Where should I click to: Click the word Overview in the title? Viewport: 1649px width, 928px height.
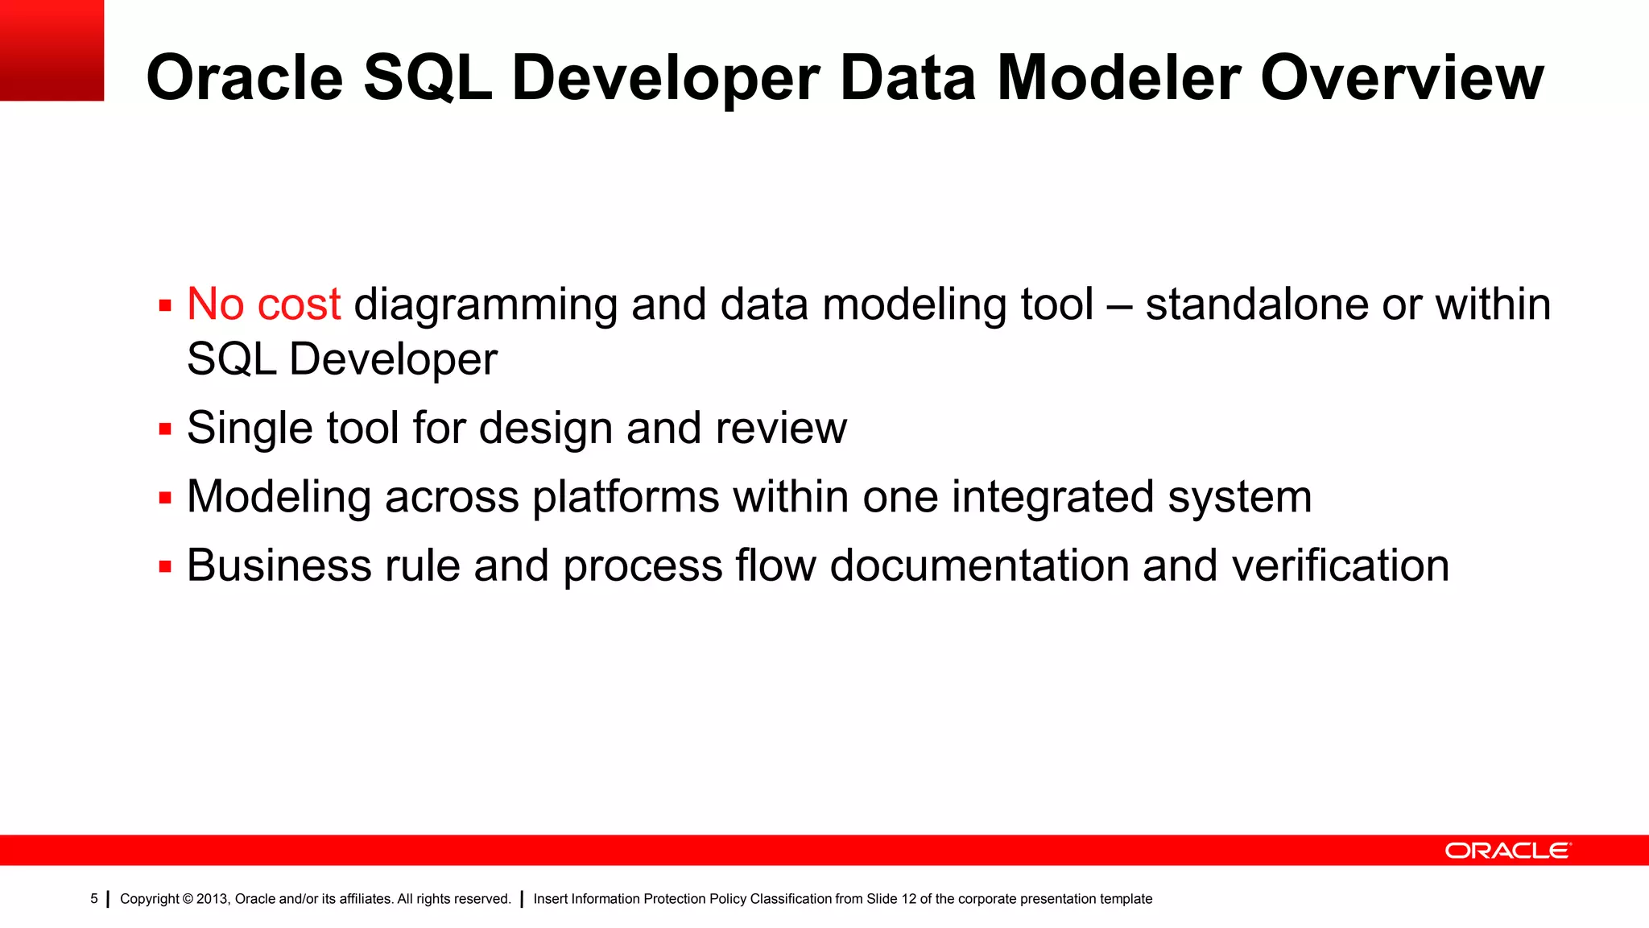[1401, 77]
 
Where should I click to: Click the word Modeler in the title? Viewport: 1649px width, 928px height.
[1118, 77]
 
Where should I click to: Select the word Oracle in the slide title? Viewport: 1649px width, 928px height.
[245, 77]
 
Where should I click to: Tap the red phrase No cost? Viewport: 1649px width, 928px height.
[264, 304]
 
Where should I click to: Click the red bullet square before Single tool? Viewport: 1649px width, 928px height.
[165, 429]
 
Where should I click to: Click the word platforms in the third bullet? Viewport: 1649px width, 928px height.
[626, 497]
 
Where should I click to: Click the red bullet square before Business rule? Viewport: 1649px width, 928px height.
[165, 566]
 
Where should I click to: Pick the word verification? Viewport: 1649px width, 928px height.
[1340, 565]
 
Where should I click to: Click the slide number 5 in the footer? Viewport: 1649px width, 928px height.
[94, 899]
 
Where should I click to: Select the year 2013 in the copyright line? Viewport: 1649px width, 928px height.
[213, 899]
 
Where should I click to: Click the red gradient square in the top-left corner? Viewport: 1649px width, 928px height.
[52, 50]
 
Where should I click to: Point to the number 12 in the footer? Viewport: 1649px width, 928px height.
[908, 899]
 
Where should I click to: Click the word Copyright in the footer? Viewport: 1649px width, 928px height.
[149, 899]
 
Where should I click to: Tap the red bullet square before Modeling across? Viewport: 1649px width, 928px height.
[165, 498]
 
